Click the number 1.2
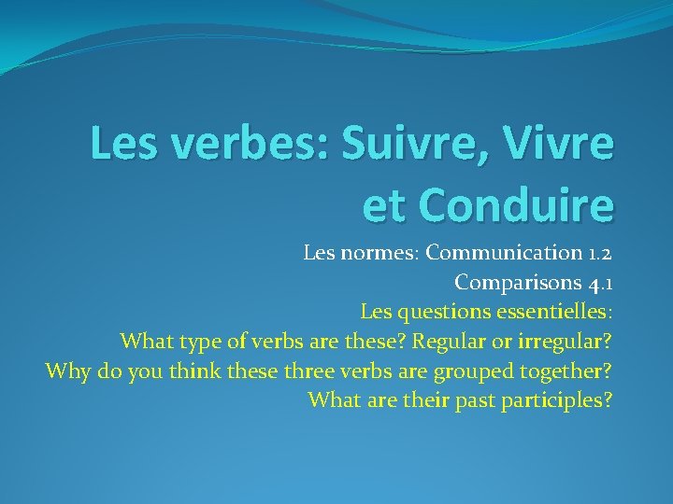[x=596, y=252]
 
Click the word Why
[x=66, y=371]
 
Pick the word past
[x=470, y=401]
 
